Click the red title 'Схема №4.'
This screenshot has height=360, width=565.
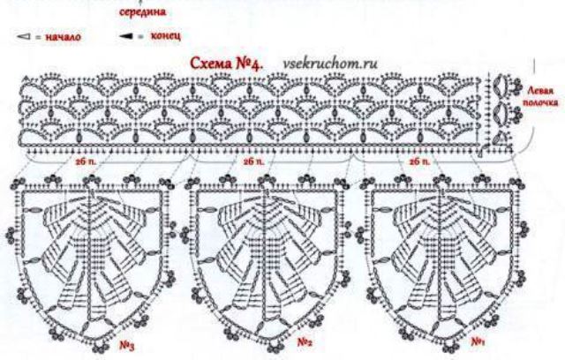click(x=226, y=64)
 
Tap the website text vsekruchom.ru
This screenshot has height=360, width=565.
click(x=330, y=64)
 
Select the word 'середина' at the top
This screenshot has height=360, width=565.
click(x=143, y=11)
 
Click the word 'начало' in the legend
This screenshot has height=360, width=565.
click(x=63, y=37)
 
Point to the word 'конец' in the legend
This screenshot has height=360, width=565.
click(x=166, y=35)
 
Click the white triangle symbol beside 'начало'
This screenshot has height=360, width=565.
click(x=25, y=37)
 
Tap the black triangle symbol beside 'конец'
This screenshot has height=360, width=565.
click(x=125, y=36)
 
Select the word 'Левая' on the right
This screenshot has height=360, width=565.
click(x=540, y=90)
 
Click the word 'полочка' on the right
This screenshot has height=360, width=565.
click(x=541, y=102)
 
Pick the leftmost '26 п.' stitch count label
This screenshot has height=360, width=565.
click(x=86, y=161)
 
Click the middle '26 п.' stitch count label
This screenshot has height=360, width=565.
click(x=253, y=161)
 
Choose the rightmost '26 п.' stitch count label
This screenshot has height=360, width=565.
click(x=420, y=161)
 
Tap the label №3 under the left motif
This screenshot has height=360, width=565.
click(x=127, y=346)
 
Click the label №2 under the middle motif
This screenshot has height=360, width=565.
click(x=305, y=342)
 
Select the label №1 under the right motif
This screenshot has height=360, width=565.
click(x=479, y=341)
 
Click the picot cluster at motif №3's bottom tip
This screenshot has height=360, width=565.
click(x=99, y=347)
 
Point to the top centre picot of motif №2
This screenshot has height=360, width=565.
click(x=266, y=180)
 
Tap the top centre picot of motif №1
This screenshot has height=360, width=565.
click(x=441, y=180)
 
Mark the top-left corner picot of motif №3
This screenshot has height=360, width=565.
click(x=18, y=184)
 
